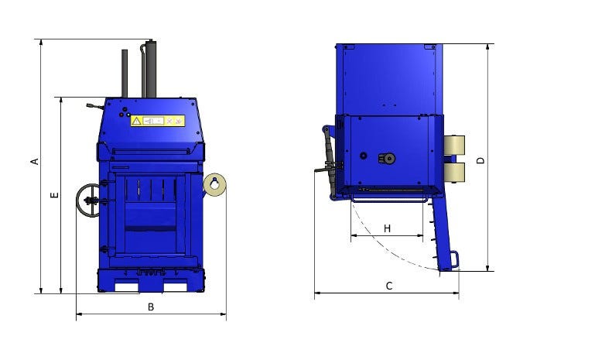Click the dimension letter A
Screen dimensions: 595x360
[x=35, y=161]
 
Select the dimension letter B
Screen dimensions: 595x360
[x=151, y=307]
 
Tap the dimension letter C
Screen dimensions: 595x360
[x=389, y=286]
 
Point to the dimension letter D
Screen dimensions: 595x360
[x=480, y=160]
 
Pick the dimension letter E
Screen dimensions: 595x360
[x=55, y=195]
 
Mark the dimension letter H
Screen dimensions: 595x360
[x=387, y=228]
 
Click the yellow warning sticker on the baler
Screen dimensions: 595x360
[x=158, y=121]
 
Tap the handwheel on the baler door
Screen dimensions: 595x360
[x=88, y=201]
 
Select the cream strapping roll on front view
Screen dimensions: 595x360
[x=215, y=184]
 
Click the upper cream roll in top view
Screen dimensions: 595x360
[x=454, y=145]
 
